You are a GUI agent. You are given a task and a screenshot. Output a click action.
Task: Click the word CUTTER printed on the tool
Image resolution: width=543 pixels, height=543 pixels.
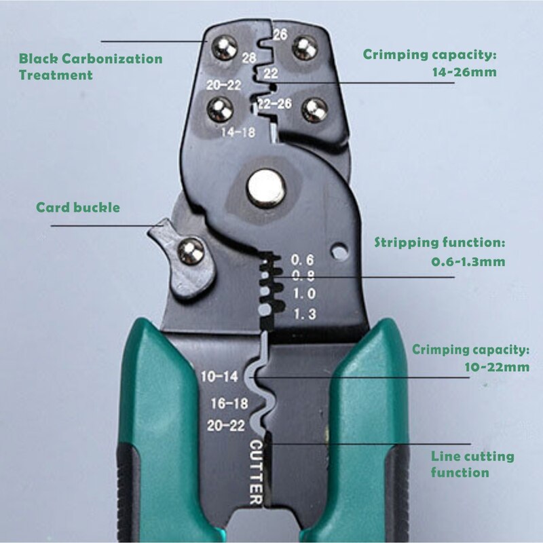pyautogui.click(x=257, y=472)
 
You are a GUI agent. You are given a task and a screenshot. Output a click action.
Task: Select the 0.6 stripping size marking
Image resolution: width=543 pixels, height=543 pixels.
pyautogui.click(x=303, y=259)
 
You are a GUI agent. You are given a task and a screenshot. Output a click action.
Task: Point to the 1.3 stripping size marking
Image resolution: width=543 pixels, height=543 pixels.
pyautogui.click(x=303, y=314)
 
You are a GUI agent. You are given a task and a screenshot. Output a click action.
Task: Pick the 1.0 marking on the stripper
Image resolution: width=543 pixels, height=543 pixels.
pyautogui.click(x=303, y=295)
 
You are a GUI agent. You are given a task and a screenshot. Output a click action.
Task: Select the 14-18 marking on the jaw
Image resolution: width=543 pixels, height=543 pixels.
pyautogui.click(x=238, y=132)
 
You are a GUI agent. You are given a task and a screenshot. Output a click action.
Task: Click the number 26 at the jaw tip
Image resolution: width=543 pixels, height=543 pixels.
pyautogui.click(x=280, y=33)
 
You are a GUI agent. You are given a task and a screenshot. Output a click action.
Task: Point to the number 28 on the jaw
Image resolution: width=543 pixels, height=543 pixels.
pyautogui.click(x=248, y=58)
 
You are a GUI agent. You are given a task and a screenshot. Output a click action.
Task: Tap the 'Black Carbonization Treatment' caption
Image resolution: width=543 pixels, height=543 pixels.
pyautogui.click(x=90, y=67)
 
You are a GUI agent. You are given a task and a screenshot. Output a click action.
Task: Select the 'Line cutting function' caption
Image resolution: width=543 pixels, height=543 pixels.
pyautogui.click(x=473, y=464)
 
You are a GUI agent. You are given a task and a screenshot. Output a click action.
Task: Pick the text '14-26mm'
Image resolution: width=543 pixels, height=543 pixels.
pyautogui.click(x=464, y=71)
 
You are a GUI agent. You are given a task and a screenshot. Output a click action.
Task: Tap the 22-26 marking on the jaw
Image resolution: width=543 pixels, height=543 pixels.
pyautogui.click(x=275, y=104)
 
